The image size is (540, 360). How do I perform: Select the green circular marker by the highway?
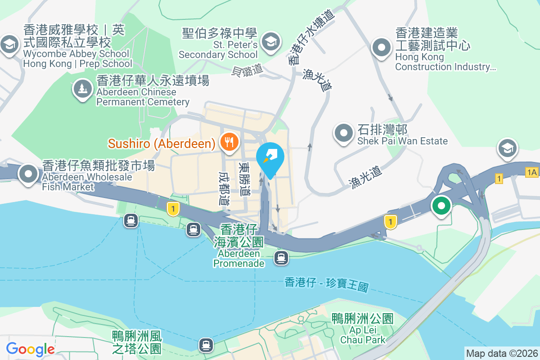point(441,207)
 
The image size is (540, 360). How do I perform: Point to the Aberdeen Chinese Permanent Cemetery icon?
point(82,88)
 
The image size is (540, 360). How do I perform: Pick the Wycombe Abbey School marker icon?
point(9,45)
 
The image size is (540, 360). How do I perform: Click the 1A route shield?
point(531,171)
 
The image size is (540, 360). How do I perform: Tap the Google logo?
point(30,349)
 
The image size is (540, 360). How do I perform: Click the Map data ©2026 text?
point(502,353)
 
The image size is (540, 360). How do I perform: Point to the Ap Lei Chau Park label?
point(362,329)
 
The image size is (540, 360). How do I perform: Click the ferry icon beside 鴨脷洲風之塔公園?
point(206,345)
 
